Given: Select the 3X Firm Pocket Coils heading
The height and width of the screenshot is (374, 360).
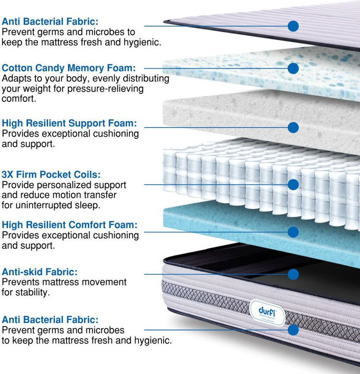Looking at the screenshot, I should pyautogui.click(x=51, y=174).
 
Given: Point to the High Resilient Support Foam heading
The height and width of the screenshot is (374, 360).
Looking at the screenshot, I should pyautogui.click(x=70, y=123).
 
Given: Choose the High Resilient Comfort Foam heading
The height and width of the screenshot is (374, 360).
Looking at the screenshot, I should pyautogui.click(x=70, y=225).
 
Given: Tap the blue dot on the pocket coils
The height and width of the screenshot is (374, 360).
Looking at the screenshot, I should pyautogui.click(x=293, y=184).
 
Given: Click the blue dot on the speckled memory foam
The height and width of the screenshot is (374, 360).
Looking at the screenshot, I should pyautogui.click(x=293, y=68).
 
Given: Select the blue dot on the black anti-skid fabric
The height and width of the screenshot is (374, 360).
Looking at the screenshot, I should pyautogui.click(x=293, y=274).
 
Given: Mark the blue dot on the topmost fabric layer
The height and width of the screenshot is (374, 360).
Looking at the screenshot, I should pyautogui.click(x=293, y=26).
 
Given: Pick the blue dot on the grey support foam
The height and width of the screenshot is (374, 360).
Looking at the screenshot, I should pyautogui.click(x=293, y=127).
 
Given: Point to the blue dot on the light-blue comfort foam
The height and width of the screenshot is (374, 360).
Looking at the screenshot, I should pyautogui.click(x=293, y=232).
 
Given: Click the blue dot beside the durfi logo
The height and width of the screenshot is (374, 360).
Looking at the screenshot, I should pyautogui.click(x=293, y=330).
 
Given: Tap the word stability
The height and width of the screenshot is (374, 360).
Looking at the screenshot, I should pyautogui.click(x=31, y=293).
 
